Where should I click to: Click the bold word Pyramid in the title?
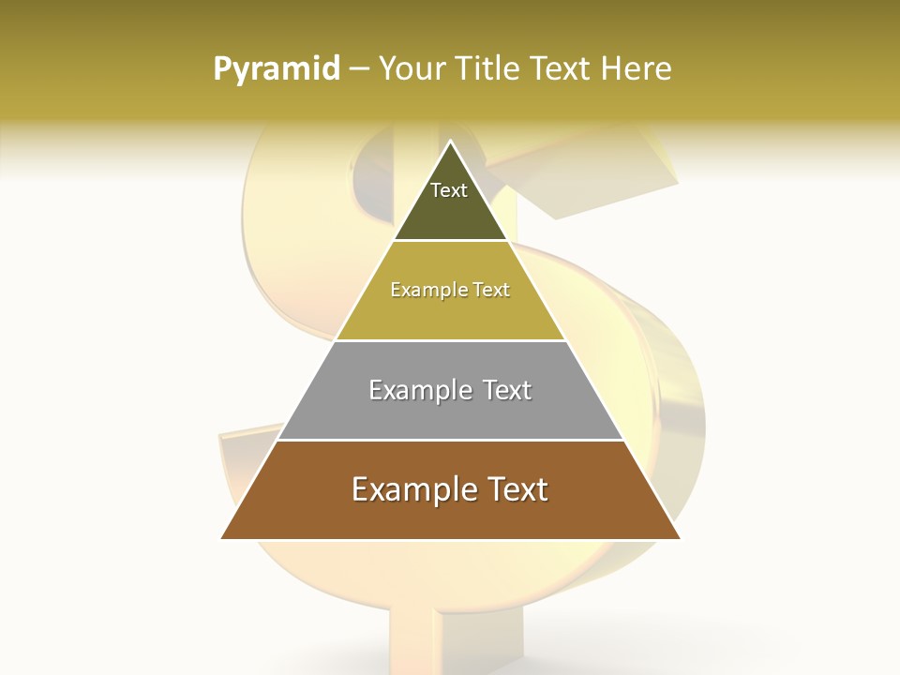tap(277, 68)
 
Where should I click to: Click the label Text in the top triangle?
tap(449, 190)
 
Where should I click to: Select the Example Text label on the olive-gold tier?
tap(450, 290)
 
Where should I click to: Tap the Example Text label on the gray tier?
tap(450, 390)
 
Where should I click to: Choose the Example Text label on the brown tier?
tap(450, 489)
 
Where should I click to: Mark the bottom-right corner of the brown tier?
tap(679, 538)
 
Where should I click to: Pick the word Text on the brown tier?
tap(515, 489)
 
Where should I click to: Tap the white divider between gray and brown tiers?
tap(450, 440)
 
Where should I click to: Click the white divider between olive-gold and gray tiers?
tap(450, 340)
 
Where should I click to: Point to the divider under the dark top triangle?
tap(450, 241)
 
